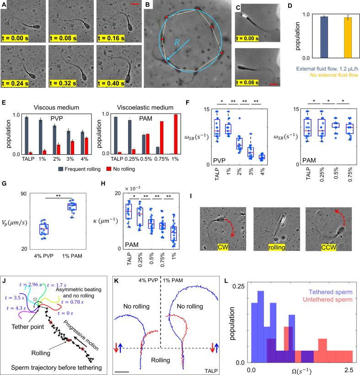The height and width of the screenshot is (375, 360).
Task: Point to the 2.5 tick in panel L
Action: point(348,367)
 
